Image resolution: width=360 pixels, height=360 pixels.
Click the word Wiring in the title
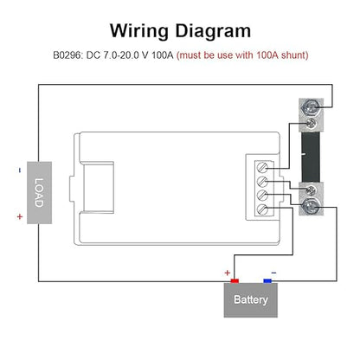click(x=139, y=31)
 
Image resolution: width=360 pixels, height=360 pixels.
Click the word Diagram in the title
click(x=213, y=31)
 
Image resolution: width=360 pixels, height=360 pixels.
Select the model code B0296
click(x=68, y=55)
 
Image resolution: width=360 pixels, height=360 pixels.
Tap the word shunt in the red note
click(x=293, y=55)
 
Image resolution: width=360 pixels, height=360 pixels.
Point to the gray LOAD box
click(x=39, y=193)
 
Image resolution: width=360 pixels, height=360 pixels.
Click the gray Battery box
click(x=251, y=300)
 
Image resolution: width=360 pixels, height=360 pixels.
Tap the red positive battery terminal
click(x=235, y=280)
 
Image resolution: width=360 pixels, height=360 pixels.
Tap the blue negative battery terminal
click(x=267, y=280)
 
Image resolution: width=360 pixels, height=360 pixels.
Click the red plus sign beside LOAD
click(x=20, y=216)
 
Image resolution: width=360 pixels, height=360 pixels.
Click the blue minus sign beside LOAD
click(x=20, y=170)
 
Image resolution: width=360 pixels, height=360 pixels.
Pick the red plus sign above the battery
click(x=228, y=273)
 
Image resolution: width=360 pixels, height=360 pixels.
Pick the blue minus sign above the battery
click(x=273, y=273)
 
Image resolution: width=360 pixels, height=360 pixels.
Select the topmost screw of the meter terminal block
click(x=262, y=168)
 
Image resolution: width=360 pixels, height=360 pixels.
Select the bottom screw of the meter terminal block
click(x=262, y=209)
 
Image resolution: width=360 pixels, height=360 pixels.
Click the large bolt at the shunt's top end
click(x=311, y=107)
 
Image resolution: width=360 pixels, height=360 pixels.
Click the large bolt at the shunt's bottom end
click(x=310, y=206)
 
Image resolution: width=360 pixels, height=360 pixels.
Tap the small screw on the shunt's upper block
click(x=311, y=124)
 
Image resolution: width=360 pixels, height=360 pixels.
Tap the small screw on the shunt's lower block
click(x=311, y=190)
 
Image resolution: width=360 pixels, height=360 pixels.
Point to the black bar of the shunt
click(x=311, y=157)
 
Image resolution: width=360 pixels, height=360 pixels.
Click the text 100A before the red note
click(x=163, y=55)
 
